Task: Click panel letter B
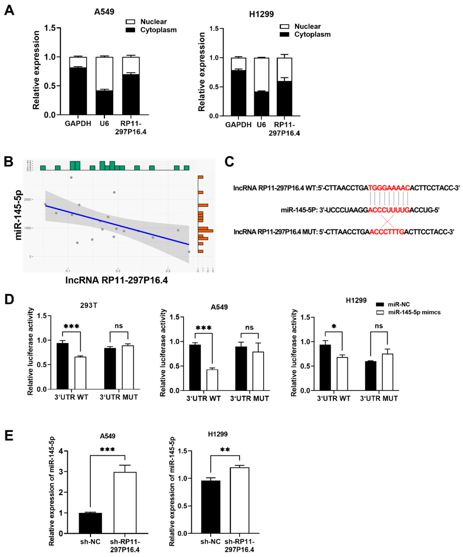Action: click(x=9, y=162)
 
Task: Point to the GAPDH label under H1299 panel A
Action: click(x=238, y=125)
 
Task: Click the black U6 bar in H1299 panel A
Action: click(x=261, y=104)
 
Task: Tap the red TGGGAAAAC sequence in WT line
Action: click(x=389, y=188)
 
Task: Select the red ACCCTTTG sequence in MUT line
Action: click(x=387, y=232)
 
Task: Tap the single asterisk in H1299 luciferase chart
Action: click(x=334, y=326)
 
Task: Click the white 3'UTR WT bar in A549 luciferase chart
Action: click(x=212, y=380)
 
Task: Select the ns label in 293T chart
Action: click(x=119, y=326)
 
